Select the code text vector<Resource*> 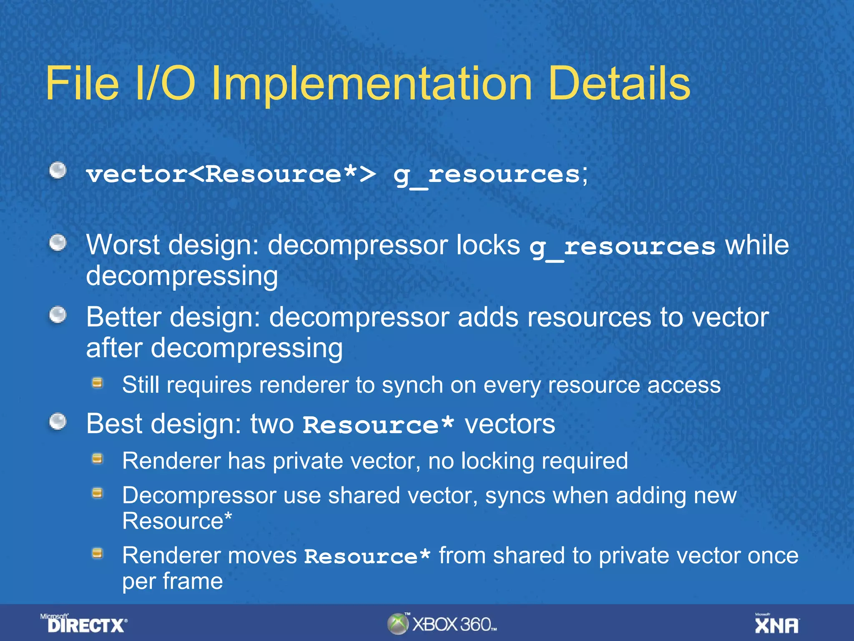pyautogui.click(x=231, y=174)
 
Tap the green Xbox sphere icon pyautogui.click(x=398, y=624)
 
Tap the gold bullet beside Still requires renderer pyautogui.click(x=98, y=383)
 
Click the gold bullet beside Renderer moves pyautogui.click(x=98, y=554)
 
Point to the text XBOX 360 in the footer pyautogui.click(x=454, y=624)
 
